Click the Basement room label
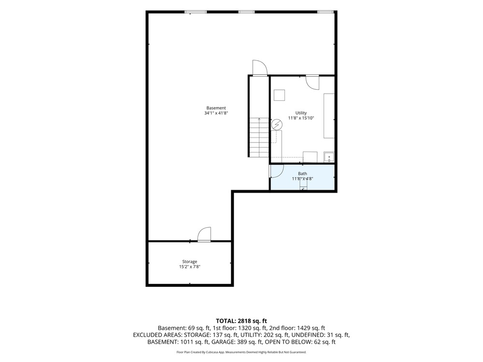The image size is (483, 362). tap(216, 108)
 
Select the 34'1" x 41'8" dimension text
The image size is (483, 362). tap(216, 113)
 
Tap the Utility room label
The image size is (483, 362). tap(301, 113)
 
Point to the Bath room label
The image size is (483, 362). tap(302, 174)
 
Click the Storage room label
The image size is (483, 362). tap(189, 262)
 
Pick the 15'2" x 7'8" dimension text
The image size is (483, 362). tap(189, 266)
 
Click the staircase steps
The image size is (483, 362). tap(259, 137)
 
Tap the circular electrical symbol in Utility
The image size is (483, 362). tap(277, 125)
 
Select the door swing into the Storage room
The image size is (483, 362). tap(204, 234)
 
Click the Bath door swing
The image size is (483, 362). tap(277, 171)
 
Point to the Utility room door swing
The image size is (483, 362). tap(313, 83)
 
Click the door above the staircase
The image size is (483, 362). tap(259, 68)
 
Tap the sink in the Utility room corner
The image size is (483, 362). tap(329, 157)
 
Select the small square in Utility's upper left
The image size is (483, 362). tap(279, 95)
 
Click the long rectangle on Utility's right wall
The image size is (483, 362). tap(329, 116)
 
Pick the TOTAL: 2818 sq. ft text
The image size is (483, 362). tap(241, 321)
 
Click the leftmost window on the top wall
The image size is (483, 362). tap(196, 12)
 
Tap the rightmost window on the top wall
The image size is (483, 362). tap(325, 12)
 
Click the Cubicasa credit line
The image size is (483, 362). tap(241, 352)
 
